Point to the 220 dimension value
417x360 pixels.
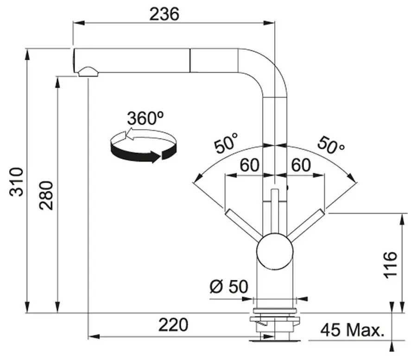tap(173, 325)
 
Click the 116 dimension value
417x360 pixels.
tap(392, 265)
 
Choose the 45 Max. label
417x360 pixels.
tap(353, 330)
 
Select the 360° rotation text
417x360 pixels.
tap(145, 119)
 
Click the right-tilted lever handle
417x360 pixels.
tap(307, 226)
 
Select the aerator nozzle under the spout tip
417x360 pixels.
tap(88, 71)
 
